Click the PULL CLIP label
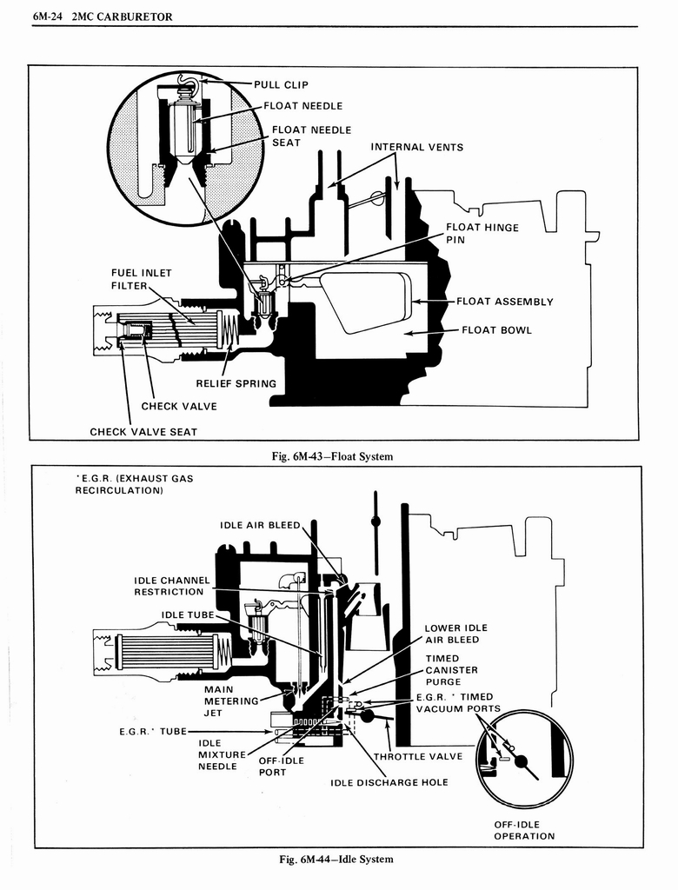[x=281, y=85]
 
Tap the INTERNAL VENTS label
[x=416, y=147]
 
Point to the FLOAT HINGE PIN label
[x=482, y=233]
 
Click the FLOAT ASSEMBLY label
[x=504, y=302]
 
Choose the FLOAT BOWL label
[x=495, y=329]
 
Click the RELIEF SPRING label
[x=236, y=383]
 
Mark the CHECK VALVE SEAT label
[x=143, y=432]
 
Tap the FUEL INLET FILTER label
[x=141, y=279]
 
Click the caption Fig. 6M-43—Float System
[x=333, y=456]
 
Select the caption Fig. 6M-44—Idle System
[x=336, y=859]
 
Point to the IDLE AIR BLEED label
[x=259, y=525]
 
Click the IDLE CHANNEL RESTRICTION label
[x=169, y=586]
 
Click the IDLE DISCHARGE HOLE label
[x=389, y=782]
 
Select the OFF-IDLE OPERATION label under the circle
[x=524, y=830]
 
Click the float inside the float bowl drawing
[x=366, y=301]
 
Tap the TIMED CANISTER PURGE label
[x=451, y=670]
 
